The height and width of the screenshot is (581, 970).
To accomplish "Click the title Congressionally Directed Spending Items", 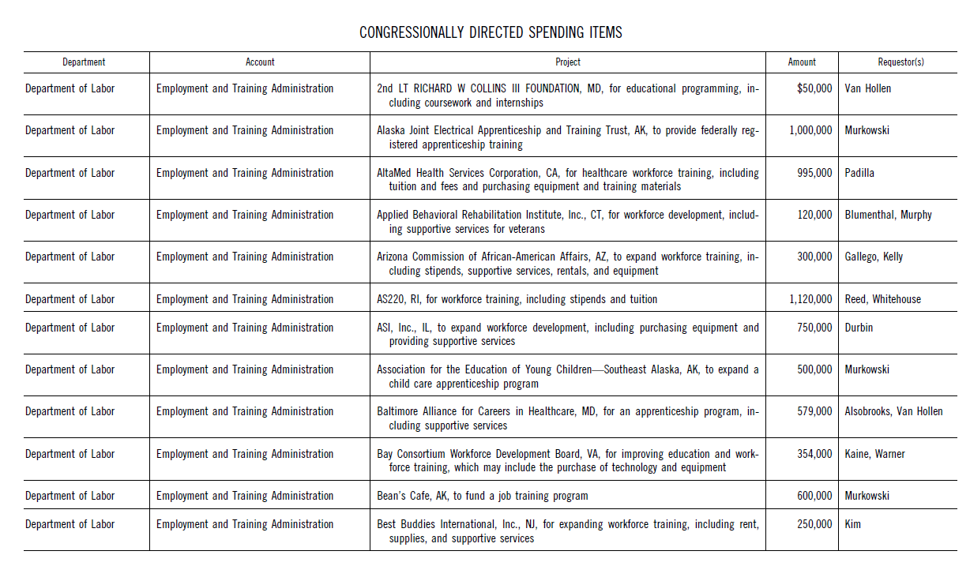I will click(x=491, y=32).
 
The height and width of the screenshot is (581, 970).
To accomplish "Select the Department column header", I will click(x=84, y=62).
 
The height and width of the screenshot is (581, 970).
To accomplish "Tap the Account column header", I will click(x=260, y=62).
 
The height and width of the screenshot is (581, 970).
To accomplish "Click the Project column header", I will click(x=567, y=62).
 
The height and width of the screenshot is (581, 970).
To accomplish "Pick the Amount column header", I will click(x=802, y=62).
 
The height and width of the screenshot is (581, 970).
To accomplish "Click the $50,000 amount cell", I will click(x=814, y=88).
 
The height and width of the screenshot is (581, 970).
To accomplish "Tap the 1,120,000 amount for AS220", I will click(x=810, y=299).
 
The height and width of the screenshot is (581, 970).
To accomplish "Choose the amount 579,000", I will click(x=814, y=411).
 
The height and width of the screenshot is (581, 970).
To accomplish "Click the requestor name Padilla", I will click(x=859, y=173).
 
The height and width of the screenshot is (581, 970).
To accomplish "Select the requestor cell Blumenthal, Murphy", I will click(x=888, y=215).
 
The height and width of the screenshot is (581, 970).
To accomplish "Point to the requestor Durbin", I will click(x=859, y=328).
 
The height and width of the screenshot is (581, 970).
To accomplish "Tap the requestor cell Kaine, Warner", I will click(x=874, y=454).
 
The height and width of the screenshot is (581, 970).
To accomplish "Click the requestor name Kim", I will click(x=853, y=524).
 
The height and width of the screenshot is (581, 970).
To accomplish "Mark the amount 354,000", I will click(x=814, y=454).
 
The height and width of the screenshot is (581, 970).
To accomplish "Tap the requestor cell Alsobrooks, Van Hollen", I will click(x=893, y=411).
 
